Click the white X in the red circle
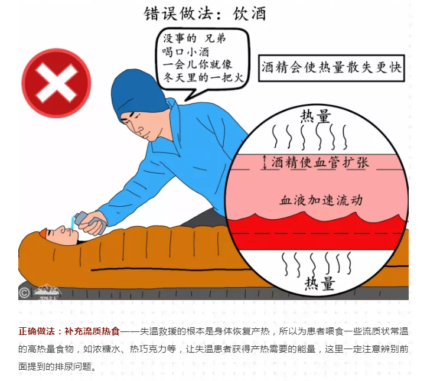pos(56,83)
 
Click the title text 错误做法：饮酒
pos(205,14)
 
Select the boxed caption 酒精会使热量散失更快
pos(331,68)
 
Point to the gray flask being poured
pos(90,222)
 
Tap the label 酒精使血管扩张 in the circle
pos(320,162)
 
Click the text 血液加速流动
pos(321,200)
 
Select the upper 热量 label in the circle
pos(315,116)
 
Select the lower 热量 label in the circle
pos(319,283)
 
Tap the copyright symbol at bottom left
pos(24,293)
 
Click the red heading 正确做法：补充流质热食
pos(69,331)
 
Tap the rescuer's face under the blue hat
pos(139,122)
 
